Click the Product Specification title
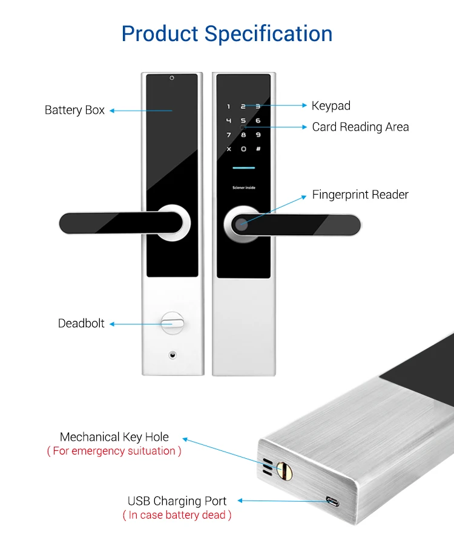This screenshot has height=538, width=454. (227, 33)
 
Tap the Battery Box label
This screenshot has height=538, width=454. (74, 110)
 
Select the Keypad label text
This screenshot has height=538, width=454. (331, 106)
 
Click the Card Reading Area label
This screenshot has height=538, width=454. (360, 127)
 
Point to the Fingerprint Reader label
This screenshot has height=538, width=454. (360, 195)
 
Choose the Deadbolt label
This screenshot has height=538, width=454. (81, 323)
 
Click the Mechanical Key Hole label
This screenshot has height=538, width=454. (114, 437)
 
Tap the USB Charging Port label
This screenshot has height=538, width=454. (177, 501)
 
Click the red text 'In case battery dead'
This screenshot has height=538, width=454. (177, 515)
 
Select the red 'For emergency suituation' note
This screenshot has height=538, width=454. (114, 451)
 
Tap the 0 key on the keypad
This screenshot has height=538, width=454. (243, 149)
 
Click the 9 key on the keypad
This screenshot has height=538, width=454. (258, 135)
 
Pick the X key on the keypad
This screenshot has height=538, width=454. (229, 149)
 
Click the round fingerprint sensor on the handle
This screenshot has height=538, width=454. (241, 225)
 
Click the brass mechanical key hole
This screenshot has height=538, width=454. (281, 468)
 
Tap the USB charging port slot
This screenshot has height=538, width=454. (332, 502)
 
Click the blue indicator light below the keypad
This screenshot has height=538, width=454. (243, 168)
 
